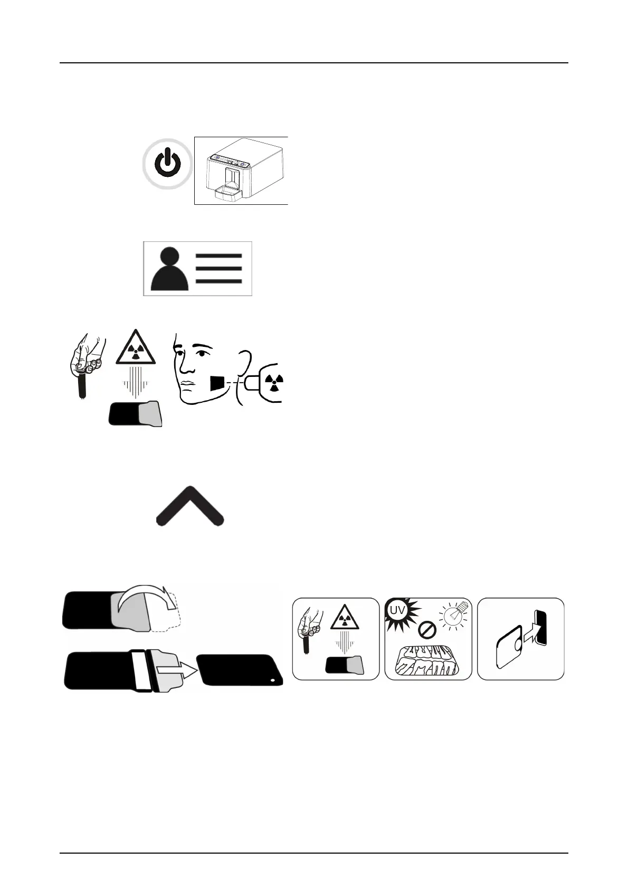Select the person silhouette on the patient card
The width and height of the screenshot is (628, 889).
pyautogui.click(x=169, y=269)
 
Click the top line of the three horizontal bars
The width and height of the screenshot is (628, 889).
pyautogui.click(x=218, y=256)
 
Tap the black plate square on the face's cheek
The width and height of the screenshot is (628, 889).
pyautogui.click(x=217, y=383)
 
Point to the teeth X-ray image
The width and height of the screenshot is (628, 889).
pyautogui.click(x=427, y=660)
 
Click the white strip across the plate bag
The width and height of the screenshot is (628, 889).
pyautogui.click(x=142, y=670)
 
